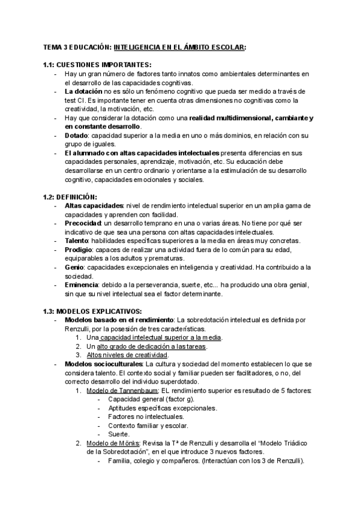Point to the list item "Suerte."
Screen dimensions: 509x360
[119, 434]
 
